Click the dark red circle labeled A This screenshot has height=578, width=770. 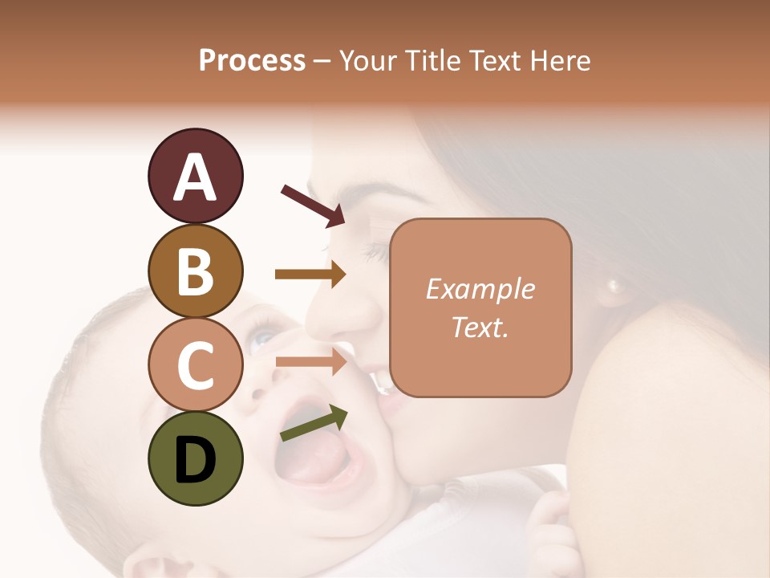(196, 176)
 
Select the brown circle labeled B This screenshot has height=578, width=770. (196, 271)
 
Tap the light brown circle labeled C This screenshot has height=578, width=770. (196, 364)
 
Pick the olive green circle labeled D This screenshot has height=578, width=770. (196, 458)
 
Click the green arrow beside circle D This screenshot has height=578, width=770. (314, 423)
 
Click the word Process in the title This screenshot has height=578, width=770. (252, 60)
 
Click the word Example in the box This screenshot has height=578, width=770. (480, 289)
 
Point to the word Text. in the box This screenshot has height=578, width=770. (480, 327)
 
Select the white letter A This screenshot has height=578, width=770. (196, 177)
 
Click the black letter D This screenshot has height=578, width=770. (196, 459)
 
